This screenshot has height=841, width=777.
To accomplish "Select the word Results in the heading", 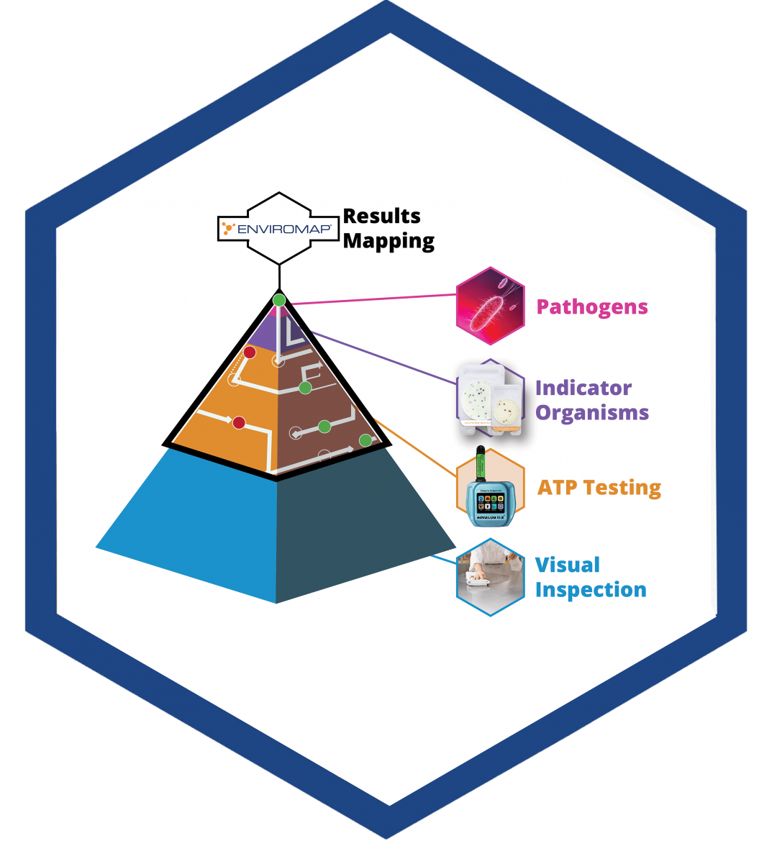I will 381,216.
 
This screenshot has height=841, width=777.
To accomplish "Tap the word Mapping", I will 388,241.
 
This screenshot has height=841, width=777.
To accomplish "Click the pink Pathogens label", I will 592,307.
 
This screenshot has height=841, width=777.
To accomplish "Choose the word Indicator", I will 583,388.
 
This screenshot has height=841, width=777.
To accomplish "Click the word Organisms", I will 592,413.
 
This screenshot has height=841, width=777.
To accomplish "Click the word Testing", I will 622,488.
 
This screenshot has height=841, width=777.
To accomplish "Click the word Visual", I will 568,565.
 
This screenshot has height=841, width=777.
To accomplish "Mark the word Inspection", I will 591,590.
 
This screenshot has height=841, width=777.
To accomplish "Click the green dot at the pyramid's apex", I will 279,300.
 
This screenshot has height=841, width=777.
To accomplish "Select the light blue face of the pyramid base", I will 201,518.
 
